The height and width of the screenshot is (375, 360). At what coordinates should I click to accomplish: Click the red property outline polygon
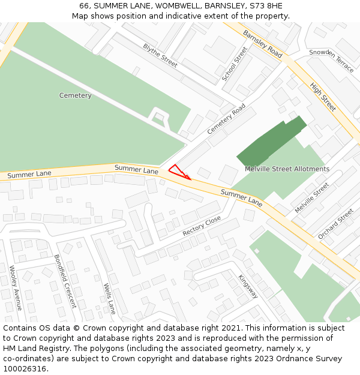(x=178, y=172)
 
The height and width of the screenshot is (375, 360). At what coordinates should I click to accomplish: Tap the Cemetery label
(x=76, y=95)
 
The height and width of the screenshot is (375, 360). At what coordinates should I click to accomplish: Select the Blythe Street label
(x=160, y=55)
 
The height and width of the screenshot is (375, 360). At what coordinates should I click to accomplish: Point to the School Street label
(x=235, y=65)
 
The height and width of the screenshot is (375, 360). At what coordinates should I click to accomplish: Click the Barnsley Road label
(x=262, y=44)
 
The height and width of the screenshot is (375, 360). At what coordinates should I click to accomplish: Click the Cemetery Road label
(x=227, y=119)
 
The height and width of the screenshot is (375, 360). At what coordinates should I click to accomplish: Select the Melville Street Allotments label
(x=287, y=169)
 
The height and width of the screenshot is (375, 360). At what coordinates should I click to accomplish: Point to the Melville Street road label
(x=312, y=197)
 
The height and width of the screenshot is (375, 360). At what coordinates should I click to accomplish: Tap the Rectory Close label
(x=202, y=226)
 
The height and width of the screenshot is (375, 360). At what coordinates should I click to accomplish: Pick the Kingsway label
(x=248, y=286)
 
